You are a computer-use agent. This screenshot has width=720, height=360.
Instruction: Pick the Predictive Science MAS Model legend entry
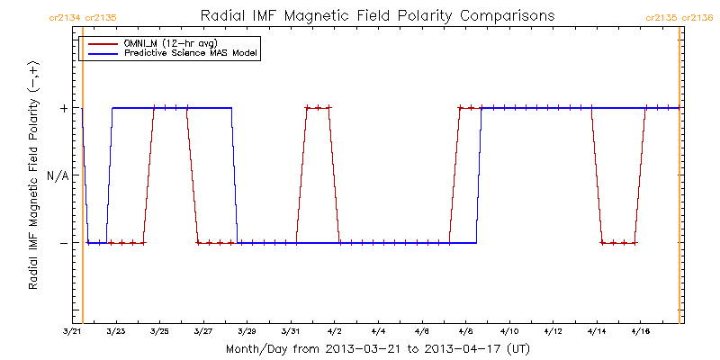190,53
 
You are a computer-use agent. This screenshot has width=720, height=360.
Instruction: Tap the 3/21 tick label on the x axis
73,331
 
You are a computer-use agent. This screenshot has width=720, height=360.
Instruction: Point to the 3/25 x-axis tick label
159,331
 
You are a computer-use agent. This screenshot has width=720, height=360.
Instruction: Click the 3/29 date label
247,331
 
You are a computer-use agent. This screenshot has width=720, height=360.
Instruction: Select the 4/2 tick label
334,331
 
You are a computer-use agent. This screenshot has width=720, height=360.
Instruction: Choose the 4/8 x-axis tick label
465,331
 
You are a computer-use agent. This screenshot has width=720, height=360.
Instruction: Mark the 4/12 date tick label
553,331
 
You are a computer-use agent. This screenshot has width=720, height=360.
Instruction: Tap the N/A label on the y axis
57,175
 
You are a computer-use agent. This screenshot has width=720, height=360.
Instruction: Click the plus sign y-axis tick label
63,108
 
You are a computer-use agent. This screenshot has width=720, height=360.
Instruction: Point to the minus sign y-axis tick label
63,243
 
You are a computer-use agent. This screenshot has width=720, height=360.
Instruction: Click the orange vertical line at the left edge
83,180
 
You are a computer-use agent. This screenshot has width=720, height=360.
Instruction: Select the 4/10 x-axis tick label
508,331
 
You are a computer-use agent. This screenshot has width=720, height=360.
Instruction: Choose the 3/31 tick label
291,331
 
